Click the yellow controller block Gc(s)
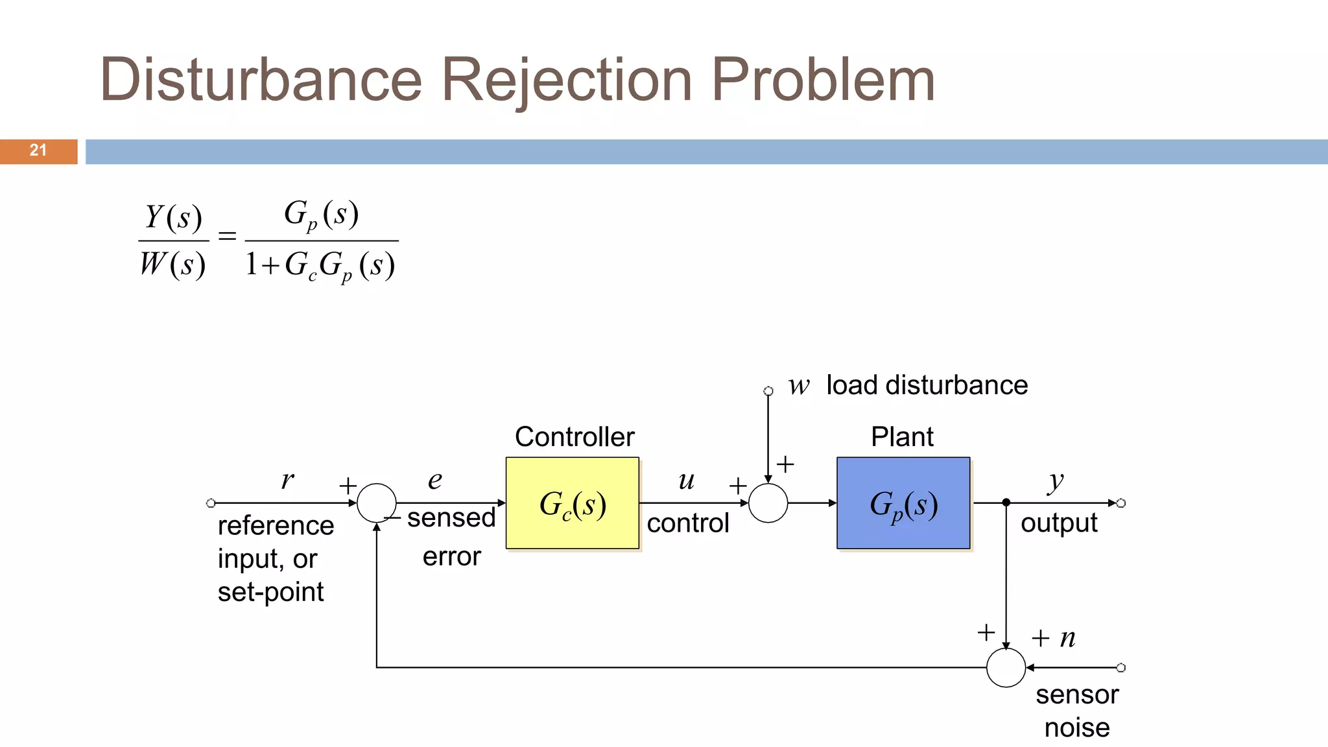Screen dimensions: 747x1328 pos(572,503)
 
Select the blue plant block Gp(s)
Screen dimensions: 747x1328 pos(903,503)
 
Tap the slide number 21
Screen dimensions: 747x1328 pos(38,150)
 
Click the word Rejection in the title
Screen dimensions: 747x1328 pos(567,80)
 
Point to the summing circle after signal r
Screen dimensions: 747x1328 pos(376,503)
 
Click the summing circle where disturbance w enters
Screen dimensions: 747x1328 pos(768,503)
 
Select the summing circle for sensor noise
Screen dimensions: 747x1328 pos(1006,667)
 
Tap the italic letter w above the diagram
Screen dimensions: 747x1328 pos(799,386)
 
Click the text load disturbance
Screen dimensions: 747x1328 pos(927,385)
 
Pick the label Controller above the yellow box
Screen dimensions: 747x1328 pos(575,437)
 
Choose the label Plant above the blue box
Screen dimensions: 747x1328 pos(902,437)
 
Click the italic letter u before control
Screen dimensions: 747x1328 pos(687,481)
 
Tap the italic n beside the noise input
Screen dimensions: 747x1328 pos(1067,638)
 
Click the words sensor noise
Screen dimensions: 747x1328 pos(1077,711)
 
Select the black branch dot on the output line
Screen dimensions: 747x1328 pos(1006,503)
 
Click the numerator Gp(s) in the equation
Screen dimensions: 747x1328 pos(321,215)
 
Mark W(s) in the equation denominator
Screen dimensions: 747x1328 pos(173,265)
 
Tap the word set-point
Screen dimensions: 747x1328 pos(270,592)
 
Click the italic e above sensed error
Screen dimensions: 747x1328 pos(434,480)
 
